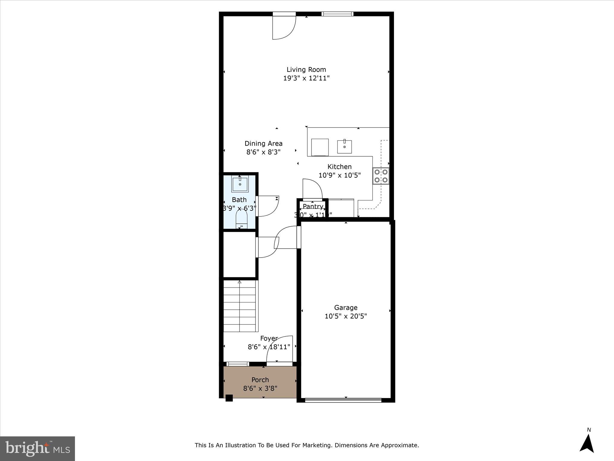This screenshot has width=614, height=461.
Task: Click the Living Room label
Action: click(x=306, y=70)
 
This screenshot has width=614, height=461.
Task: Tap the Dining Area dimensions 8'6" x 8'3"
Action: click(x=263, y=152)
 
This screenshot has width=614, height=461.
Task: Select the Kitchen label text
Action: click(x=339, y=167)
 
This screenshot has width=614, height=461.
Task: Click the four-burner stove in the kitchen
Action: click(x=381, y=176)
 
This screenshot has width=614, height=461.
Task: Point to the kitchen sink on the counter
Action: click(x=344, y=146)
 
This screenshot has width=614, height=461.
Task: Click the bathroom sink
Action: click(x=240, y=184)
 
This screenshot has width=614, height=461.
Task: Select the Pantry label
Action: click(x=313, y=206)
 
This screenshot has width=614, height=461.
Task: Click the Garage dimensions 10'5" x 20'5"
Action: click(x=346, y=316)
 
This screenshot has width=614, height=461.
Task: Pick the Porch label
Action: click(x=260, y=380)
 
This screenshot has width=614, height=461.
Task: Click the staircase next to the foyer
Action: click(x=240, y=306)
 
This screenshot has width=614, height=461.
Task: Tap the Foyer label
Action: click(x=269, y=338)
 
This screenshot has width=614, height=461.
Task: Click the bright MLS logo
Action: click(x=37, y=449)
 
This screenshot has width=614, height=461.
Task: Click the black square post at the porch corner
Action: click(x=229, y=398)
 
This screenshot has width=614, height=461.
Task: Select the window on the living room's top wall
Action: click(x=337, y=14)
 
